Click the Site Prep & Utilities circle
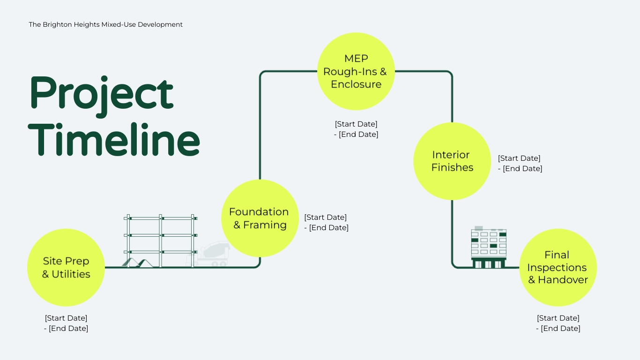[x=66, y=267]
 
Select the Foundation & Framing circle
[x=260, y=218]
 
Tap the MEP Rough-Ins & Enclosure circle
[x=356, y=71]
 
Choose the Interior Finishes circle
[x=452, y=161]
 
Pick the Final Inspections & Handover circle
[x=558, y=267]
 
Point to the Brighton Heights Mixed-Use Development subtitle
[x=105, y=24]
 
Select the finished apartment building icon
[x=489, y=247]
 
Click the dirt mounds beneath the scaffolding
[x=139, y=262]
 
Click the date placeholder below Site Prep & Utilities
[x=66, y=323]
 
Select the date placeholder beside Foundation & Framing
[x=326, y=223]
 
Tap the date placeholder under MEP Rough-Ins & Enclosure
[x=356, y=129]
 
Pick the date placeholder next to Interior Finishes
[x=520, y=164]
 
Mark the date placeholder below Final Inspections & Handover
[x=558, y=323]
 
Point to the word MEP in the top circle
[x=356, y=59]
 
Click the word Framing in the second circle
[x=265, y=225]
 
